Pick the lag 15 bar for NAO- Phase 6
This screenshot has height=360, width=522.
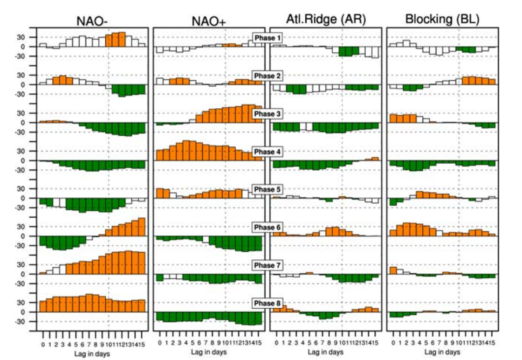[142, 227]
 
